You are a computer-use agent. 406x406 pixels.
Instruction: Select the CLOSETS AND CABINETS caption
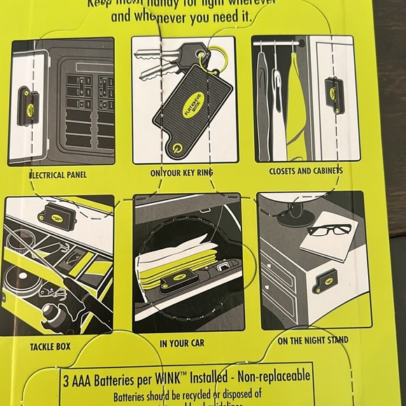pyautogui.click(x=306, y=170)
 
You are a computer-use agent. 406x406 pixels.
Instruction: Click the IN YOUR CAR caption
pyautogui.click(x=182, y=343)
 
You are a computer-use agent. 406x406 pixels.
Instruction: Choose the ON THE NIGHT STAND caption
pyautogui.click(x=312, y=342)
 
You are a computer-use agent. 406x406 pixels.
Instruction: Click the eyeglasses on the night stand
pyautogui.click(x=329, y=229)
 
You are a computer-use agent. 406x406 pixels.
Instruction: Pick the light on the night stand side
pyautogui.click(x=325, y=281)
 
